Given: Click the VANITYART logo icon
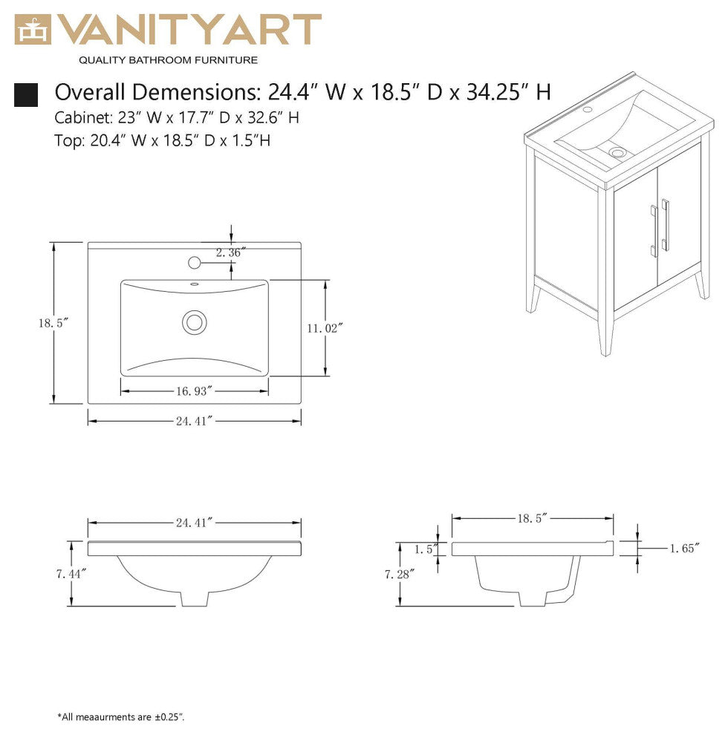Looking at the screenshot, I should (33, 30).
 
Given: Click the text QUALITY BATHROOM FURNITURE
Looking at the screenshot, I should (168, 59).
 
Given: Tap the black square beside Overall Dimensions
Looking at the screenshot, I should (26, 94).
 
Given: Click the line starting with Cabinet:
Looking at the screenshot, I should (177, 117).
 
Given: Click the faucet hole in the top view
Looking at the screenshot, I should (195, 262).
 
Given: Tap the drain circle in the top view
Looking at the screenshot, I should (195, 321).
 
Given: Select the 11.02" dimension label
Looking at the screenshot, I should (325, 327).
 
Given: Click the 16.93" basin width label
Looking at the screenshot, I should (194, 390).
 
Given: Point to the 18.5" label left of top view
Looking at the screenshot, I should (53, 323).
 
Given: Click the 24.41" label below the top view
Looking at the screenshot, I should (195, 421).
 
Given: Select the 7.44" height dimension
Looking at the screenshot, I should (71, 573).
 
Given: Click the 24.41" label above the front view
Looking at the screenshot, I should (195, 523).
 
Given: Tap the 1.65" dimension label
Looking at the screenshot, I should (684, 549).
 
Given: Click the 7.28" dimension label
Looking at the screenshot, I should (399, 573).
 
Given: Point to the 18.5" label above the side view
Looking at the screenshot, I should (533, 518).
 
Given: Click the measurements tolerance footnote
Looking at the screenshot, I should (121, 716).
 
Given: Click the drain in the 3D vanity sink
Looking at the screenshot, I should (617, 153).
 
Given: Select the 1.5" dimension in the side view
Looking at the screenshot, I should (424, 549).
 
